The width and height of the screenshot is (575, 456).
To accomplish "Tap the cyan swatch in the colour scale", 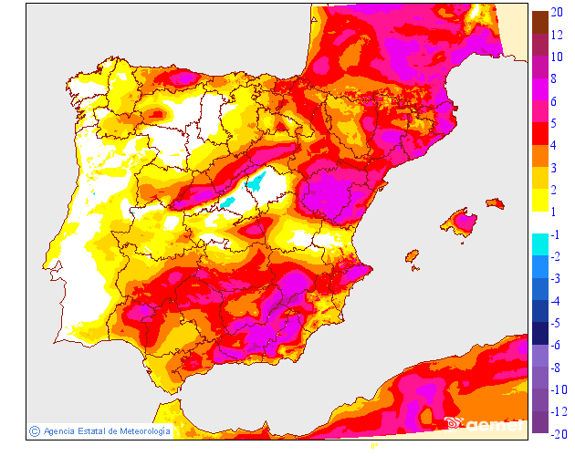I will coord(539,244).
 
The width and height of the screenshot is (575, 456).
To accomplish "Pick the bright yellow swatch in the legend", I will coord(539,200).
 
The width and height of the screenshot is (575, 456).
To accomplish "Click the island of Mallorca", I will coord(462,222).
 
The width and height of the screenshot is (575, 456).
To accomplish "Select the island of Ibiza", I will coord(412,256).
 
